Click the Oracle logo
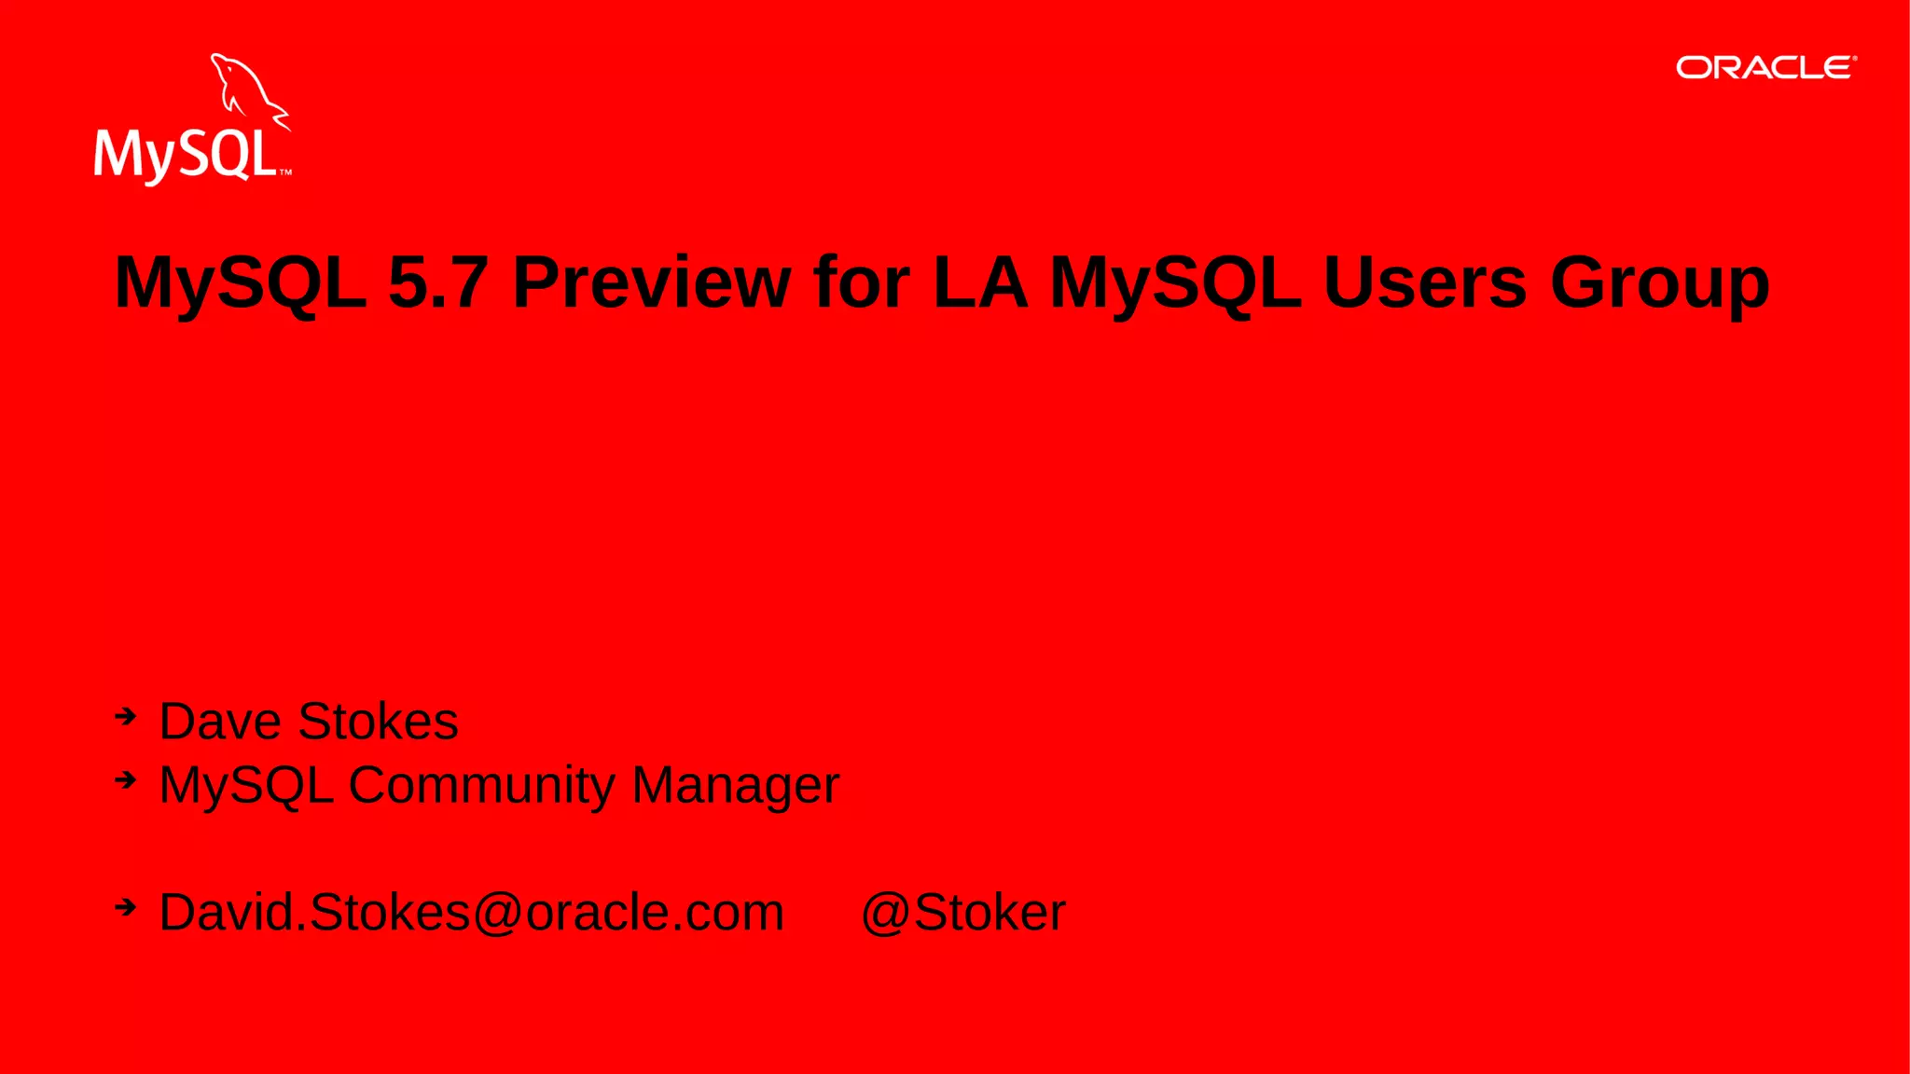(x=1765, y=68)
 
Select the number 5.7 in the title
(x=437, y=282)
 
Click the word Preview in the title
(x=652, y=282)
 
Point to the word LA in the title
(x=979, y=282)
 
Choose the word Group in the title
(x=1659, y=283)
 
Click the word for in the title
(x=861, y=282)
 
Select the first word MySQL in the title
(x=241, y=283)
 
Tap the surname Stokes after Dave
(x=379, y=722)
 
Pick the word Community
(x=481, y=785)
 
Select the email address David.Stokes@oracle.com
(x=472, y=912)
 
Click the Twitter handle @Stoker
(x=963, y=912)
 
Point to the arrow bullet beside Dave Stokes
(x=126, y=717)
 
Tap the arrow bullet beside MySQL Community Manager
(x=126, y=779)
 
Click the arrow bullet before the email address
(x=126, y=906)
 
